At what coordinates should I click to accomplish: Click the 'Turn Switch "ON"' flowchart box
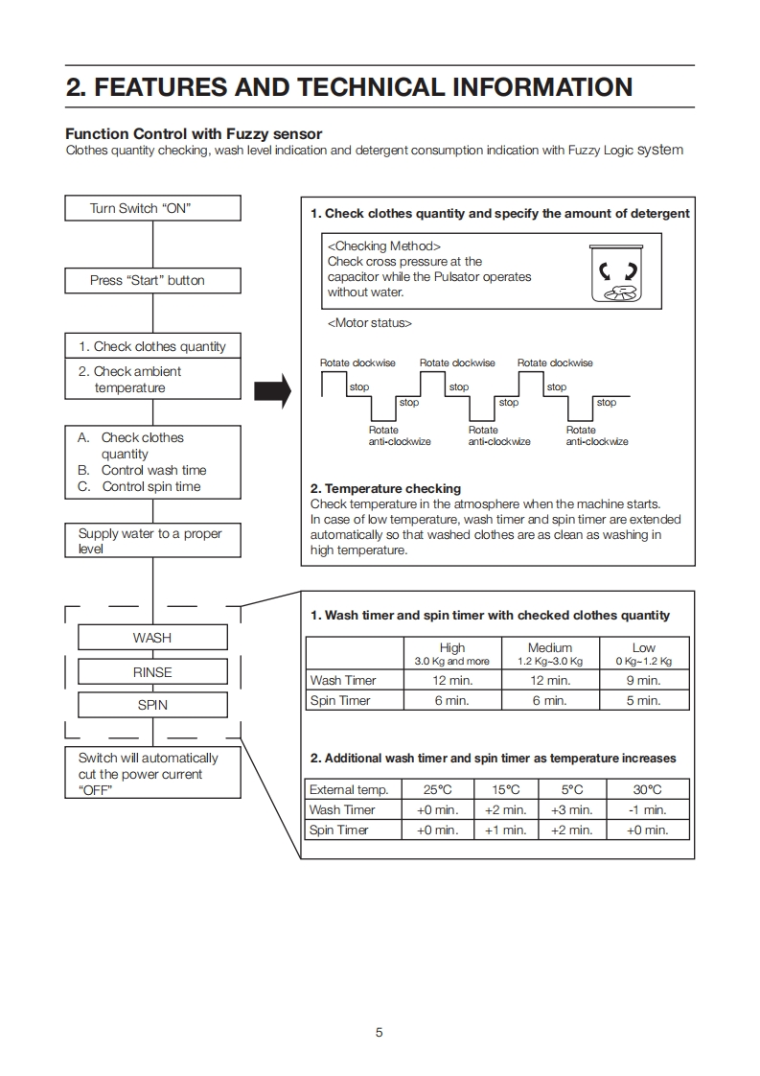tap(152, 208)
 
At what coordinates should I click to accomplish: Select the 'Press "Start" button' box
tap(152, 280)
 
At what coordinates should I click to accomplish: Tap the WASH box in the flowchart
tap(152, 638)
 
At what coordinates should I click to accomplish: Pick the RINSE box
tap(152, 672)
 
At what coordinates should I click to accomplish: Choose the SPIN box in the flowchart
tap(152, 705)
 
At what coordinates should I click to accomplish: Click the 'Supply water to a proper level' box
tap(152, 541)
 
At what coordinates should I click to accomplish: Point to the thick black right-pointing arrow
tap(271, 390)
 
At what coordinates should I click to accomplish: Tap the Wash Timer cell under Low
tap(643, 680)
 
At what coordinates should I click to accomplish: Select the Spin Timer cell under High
tap(451, 701)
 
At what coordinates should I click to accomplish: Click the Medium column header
tap(550, 653)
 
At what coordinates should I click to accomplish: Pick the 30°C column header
tap(647, 789)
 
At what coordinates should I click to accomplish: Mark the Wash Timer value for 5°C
tap(572, 810)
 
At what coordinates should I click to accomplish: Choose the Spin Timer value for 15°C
tap(506, 830)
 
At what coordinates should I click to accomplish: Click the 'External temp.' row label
tap(349, 789)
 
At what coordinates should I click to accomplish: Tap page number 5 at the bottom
tap(380, 1032)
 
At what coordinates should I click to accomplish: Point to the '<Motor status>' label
tap(370, 323)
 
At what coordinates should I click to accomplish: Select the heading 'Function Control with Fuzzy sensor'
tap(194, 134)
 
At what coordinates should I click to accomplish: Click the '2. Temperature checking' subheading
tap(385, 488)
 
